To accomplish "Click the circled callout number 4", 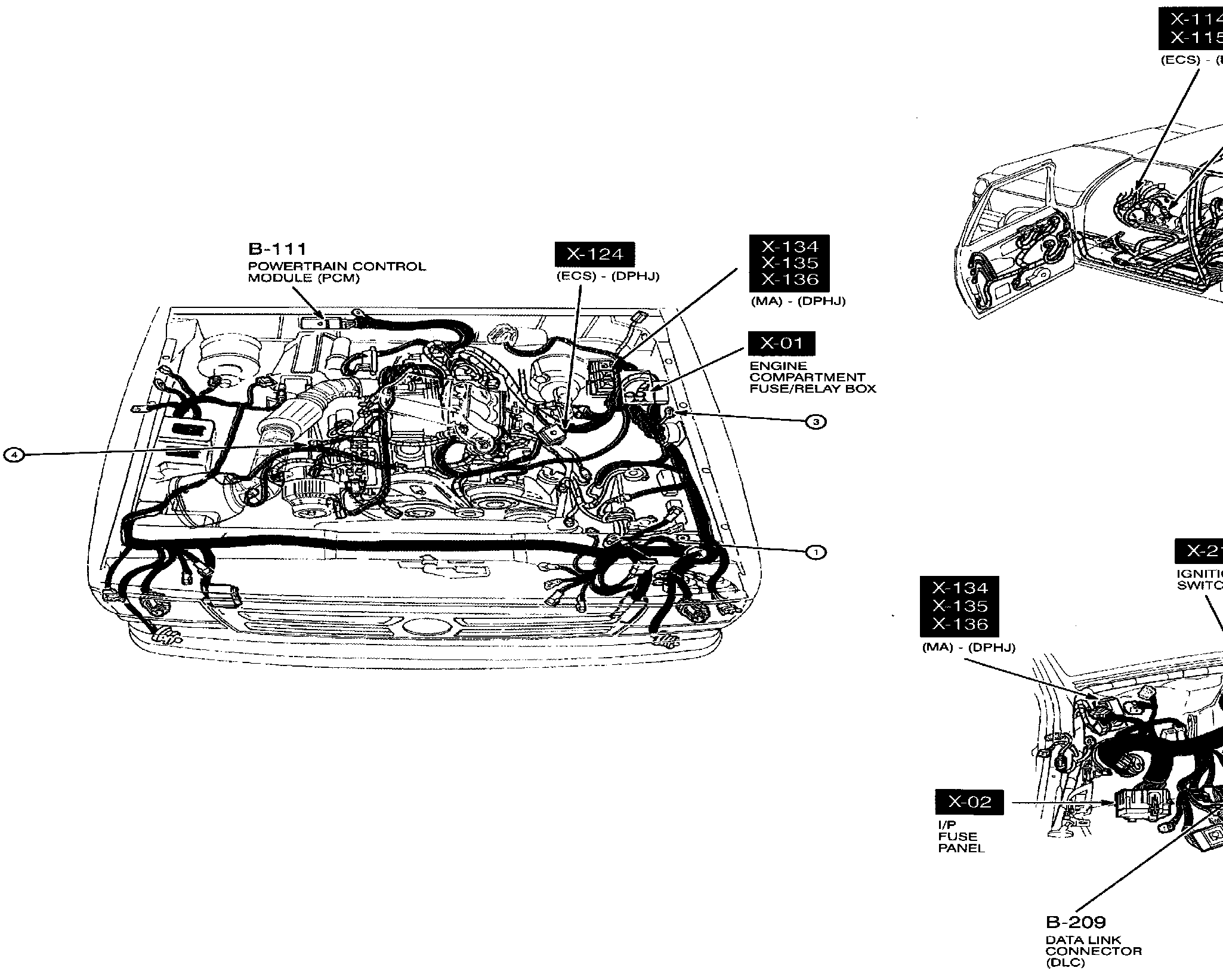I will tap(16, 455).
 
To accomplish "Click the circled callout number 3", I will tap(816, 422).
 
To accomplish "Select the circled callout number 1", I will tap(816, 552).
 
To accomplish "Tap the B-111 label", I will tap(277, 249).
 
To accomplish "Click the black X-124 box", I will tap(595, 254).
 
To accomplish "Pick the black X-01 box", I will tap(782, 343).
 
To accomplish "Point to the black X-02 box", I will tap(969, 802).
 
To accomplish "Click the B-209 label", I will tap(1076, 922).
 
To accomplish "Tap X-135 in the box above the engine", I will tap(789, 263).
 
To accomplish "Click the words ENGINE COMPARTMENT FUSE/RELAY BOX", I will tap(812, 377).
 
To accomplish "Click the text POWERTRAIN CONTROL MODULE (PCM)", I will tap(337, 272).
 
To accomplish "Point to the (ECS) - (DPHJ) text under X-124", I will tap(608, 276).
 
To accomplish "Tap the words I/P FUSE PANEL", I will tap(961, 836).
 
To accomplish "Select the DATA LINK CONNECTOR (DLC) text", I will tap(1094, 951).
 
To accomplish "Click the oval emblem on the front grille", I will tap(424, 627).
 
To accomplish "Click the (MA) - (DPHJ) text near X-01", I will tap(798, 301).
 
